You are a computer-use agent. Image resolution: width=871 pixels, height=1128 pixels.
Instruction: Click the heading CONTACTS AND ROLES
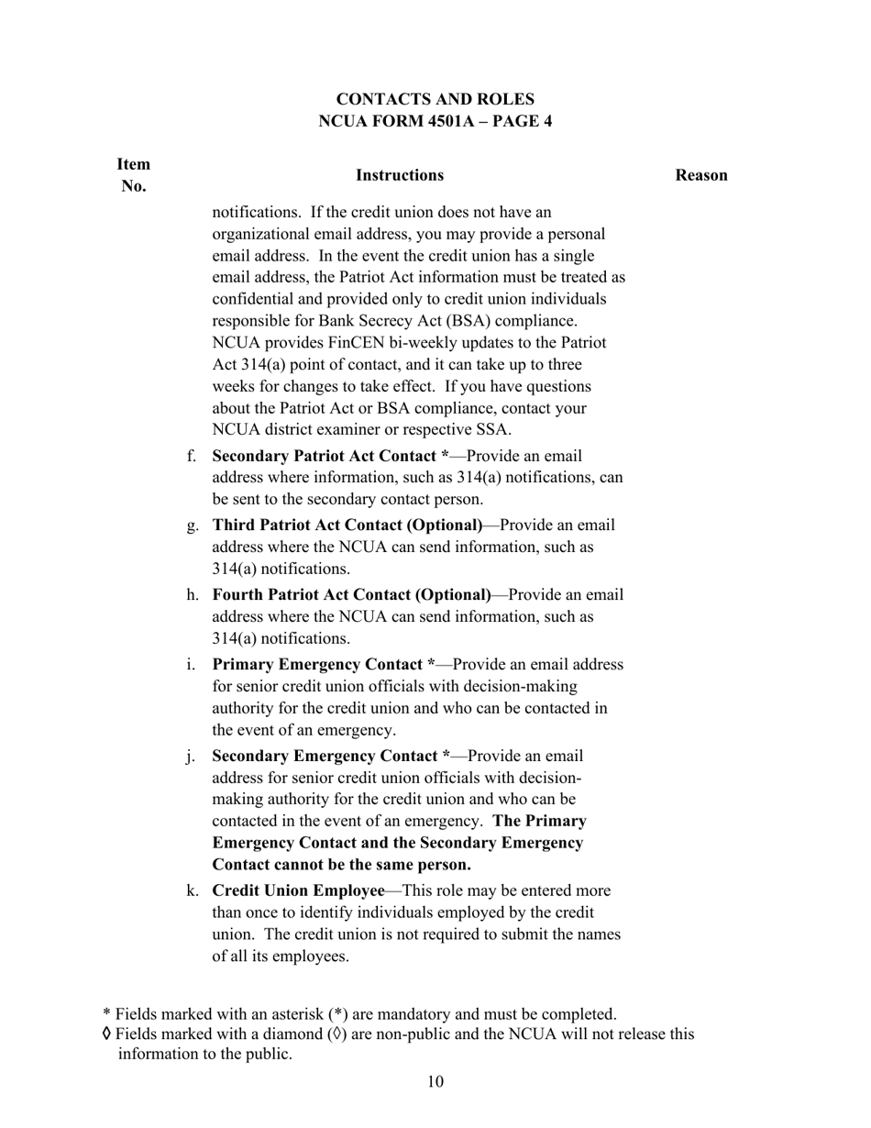coord(435,99)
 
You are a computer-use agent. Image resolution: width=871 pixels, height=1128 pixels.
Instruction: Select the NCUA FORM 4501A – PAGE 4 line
coord(435,121)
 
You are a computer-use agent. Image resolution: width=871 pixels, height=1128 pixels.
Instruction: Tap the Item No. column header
coord(134,175)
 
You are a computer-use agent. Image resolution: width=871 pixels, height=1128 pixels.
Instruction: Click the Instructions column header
coord(400,175)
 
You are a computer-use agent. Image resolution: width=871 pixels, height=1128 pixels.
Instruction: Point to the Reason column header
coord(701,175)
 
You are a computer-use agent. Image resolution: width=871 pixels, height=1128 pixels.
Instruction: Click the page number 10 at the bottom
coord(435,1082)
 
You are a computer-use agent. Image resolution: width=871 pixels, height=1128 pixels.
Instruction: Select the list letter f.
coord(192,456)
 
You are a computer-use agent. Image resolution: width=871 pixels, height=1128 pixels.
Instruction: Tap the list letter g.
coord(192,525)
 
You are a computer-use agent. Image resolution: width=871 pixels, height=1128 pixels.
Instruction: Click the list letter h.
coord(192,595)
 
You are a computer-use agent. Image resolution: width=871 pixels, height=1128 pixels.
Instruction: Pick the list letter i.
coord(192,665)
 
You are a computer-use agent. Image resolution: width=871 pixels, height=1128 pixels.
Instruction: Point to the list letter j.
coord(192,757)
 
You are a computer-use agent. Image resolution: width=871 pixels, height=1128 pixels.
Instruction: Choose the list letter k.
coord(192,891)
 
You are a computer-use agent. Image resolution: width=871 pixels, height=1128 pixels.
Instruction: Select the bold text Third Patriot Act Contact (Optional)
coord(347,525)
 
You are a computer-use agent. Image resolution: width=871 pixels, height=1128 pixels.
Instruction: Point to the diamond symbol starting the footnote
coord(107,1034)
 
